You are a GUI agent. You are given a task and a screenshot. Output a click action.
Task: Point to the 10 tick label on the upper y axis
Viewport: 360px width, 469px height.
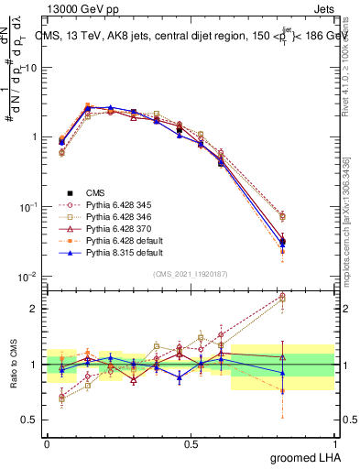[31, 68]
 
